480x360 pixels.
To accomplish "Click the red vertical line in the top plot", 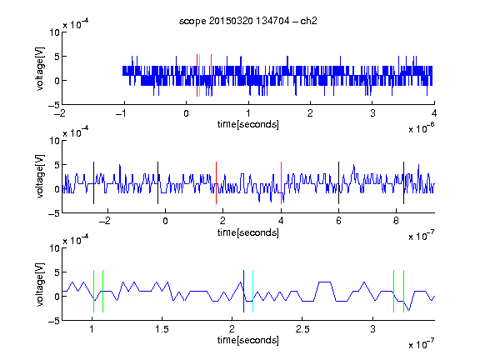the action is point(197,76).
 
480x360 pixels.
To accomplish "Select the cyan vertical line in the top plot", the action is point(200,76).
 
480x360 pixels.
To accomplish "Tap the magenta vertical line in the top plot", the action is point(211,76).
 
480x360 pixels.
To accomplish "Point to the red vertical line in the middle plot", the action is point(216,182).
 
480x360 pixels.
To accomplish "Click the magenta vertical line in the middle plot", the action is point(281,182).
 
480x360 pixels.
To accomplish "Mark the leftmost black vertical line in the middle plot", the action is point(93,182).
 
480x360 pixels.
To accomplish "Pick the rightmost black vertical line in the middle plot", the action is point(403,182).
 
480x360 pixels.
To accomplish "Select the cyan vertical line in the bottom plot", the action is point(252,291).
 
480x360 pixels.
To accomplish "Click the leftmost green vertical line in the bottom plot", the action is point(93,291).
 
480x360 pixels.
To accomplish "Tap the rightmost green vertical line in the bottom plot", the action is point(404,291).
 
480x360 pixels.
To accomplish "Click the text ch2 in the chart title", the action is point(308,21).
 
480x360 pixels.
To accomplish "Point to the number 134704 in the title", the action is point(272,21).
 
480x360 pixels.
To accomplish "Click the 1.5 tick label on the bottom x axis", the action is point(162,329).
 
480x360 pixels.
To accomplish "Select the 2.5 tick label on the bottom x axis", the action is point(302,329).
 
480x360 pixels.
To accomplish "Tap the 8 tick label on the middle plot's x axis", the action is point(396,221).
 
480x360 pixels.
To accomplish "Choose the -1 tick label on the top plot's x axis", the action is point(121,113).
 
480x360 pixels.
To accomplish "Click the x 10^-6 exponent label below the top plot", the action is point(422,128).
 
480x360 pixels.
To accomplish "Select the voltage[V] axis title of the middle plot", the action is point(40,177).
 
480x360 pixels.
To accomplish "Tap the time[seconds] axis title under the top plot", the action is point(248,124).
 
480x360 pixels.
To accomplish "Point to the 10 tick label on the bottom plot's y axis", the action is point(54,248).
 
